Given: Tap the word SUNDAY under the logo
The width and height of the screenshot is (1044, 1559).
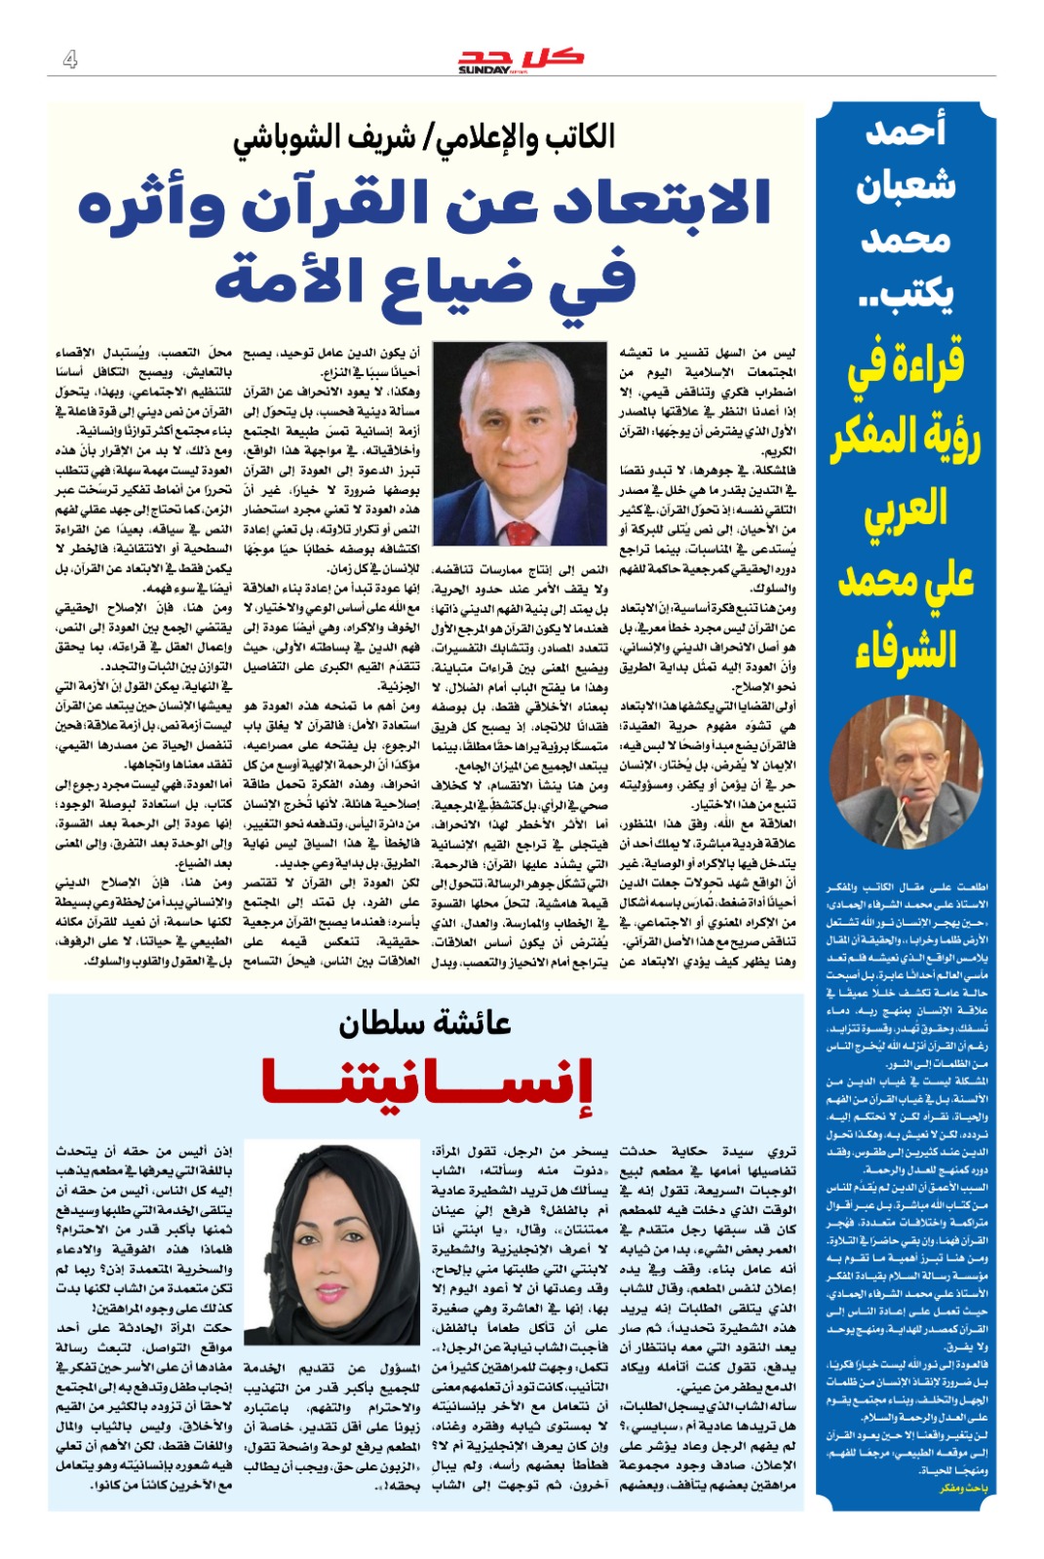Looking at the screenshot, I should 483,70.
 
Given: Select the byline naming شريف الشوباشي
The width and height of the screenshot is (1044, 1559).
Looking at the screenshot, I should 424,136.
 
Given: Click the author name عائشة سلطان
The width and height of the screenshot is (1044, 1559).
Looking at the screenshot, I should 425,1023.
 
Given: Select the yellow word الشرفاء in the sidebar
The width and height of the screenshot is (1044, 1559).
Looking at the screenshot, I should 906,649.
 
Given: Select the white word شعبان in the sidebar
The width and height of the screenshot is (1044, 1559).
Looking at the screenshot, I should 906,185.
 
